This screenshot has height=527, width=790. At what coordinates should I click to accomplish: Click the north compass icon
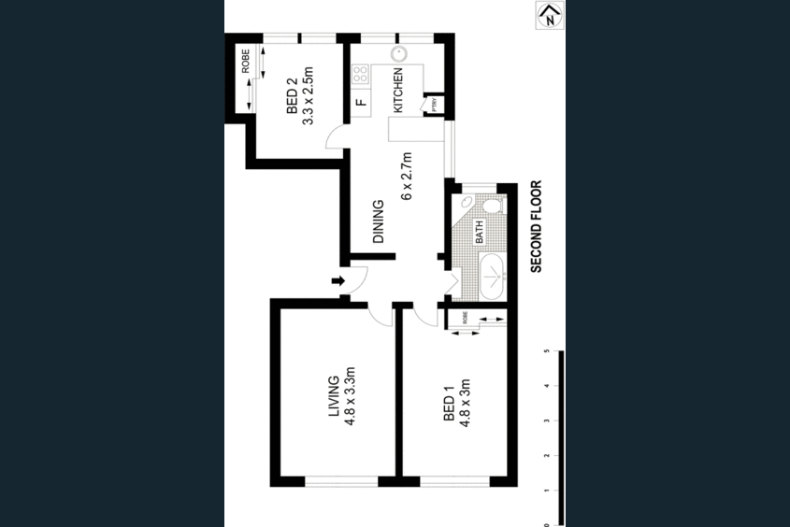point(550,14)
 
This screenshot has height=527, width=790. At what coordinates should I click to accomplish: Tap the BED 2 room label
point(291,96)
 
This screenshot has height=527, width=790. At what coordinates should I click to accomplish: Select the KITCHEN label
point(397,91)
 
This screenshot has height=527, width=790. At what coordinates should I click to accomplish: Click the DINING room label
point(379,221)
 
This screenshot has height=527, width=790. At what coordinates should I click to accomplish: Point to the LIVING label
point(333,399)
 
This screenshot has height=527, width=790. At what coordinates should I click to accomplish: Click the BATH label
point(480,232)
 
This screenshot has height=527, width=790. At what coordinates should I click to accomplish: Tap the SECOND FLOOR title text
point(537,227)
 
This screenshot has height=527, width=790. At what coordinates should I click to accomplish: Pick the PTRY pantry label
point(435,106)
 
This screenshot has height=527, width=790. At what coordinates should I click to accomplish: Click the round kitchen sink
point(397,54)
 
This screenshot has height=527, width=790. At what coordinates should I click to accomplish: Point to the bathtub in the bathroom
point(491,277)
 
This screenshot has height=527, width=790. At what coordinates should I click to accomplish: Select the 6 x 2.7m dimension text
point(407,176)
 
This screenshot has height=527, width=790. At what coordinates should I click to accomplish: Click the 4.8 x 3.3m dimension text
point(352,399)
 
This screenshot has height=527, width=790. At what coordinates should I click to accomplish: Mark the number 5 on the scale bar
point(545,352)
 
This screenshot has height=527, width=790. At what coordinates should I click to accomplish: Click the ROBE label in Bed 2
point(246,61)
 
